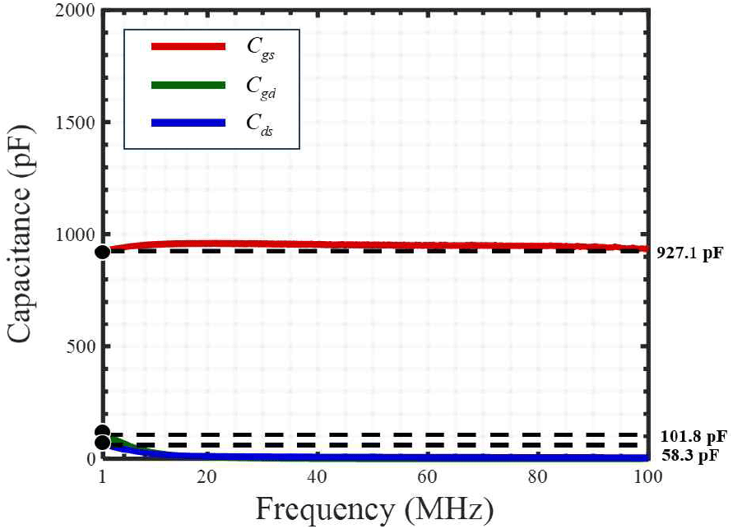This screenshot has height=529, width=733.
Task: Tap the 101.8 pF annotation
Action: tap(694, 436)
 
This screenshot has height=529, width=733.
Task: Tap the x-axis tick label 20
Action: tap(207, 478)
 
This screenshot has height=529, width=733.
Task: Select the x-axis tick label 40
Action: tap(317, 478)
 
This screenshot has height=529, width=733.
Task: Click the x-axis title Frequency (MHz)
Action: tap(374, 509)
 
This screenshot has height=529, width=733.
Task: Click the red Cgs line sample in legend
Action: tap(188, 47)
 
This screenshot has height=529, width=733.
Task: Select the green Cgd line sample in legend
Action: tap(188, 85)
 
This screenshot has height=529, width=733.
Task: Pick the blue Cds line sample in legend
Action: tap(188, 123)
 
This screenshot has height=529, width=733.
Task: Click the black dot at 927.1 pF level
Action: tap(103, 252)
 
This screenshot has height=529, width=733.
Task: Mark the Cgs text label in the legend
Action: tap(262, 48)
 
